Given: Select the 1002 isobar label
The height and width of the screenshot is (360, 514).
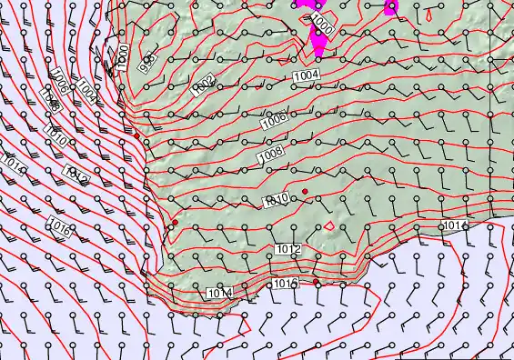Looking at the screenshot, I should click(x=204, y=85).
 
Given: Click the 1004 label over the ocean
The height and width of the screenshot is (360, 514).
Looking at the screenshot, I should click(x=87, y=91).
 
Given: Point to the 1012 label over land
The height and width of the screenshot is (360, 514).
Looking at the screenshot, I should click(x=287, y=248).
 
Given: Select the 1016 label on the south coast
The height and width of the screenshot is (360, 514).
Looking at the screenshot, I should click(x=286, y=285).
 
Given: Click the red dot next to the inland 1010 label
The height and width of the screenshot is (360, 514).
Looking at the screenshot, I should click(x=306, y=190).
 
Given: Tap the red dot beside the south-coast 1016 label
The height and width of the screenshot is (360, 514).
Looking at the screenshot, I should click(x=316, y=282).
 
